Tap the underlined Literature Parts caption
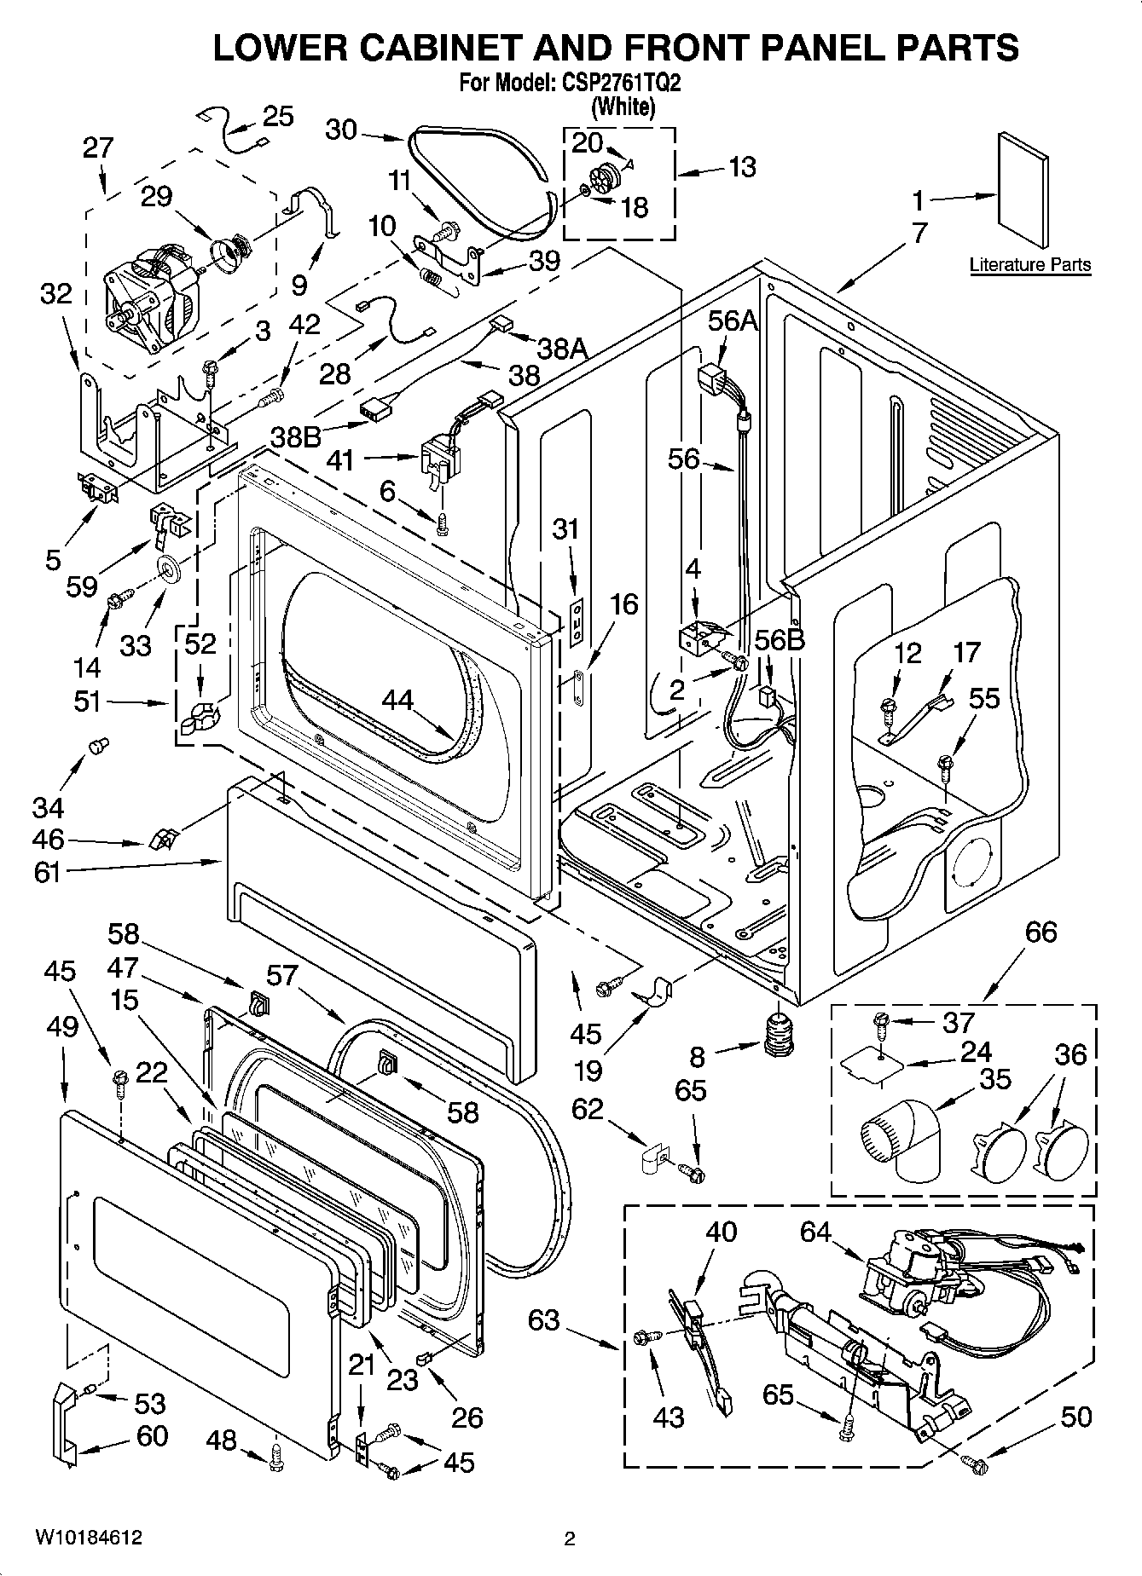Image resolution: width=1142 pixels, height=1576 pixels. [1029, 264]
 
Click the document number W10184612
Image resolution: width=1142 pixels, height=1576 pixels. [90, 1538]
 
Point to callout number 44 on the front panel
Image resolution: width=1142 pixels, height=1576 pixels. [397, 700]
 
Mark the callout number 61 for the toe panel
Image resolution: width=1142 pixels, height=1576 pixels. [48, 872]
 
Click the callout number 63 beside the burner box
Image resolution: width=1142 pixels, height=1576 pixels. [544, 1320]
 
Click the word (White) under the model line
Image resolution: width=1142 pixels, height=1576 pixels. [623, 107]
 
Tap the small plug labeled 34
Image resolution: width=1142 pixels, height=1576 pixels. [98, 747]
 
